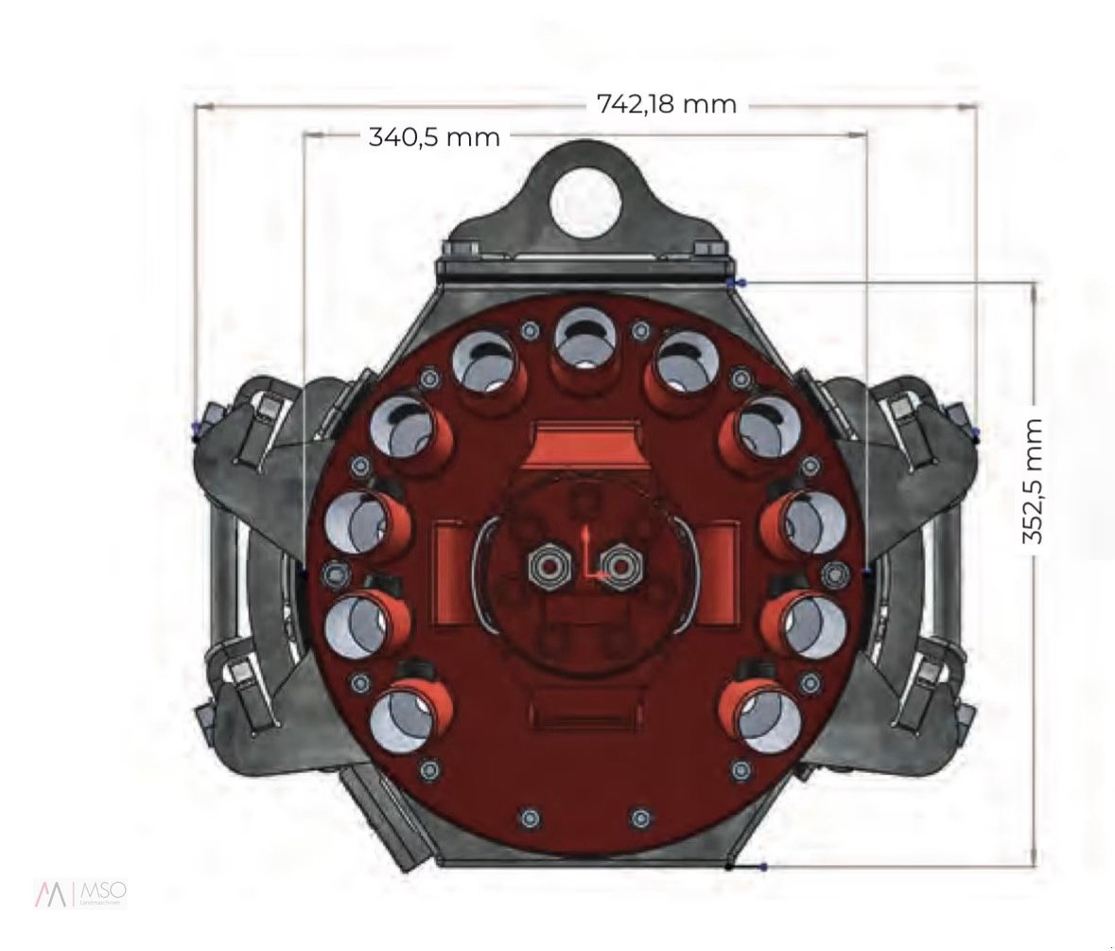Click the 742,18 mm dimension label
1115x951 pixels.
(x=666, y=104)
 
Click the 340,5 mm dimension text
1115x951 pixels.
(x=434, y=137)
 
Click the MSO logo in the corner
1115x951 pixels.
(x=80, y=892)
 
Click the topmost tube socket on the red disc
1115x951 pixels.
(x=585, y=342)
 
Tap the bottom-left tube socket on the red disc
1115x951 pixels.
(x=411, y=712)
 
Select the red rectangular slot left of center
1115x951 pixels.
(x=452, y=574)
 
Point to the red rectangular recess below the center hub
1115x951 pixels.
(x=585, y=710)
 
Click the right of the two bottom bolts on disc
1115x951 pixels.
(x=641, y=816)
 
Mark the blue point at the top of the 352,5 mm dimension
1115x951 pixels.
(x=740, y=283)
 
